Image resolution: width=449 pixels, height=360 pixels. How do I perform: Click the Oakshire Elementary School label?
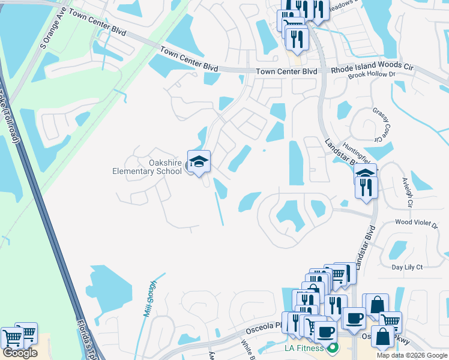point(147,167)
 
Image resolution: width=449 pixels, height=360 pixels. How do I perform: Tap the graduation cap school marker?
point(199,161)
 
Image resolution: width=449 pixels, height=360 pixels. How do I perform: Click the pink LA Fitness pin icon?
point(330,348)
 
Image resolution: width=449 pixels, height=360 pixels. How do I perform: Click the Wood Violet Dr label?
point(417,223)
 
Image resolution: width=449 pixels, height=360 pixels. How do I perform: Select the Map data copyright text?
point(412,355)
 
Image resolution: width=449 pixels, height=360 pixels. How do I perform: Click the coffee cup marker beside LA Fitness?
point(326,331)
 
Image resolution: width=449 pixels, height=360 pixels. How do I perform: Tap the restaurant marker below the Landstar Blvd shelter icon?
point(365,187)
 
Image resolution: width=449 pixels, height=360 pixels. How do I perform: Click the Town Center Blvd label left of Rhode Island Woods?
point(286,71)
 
